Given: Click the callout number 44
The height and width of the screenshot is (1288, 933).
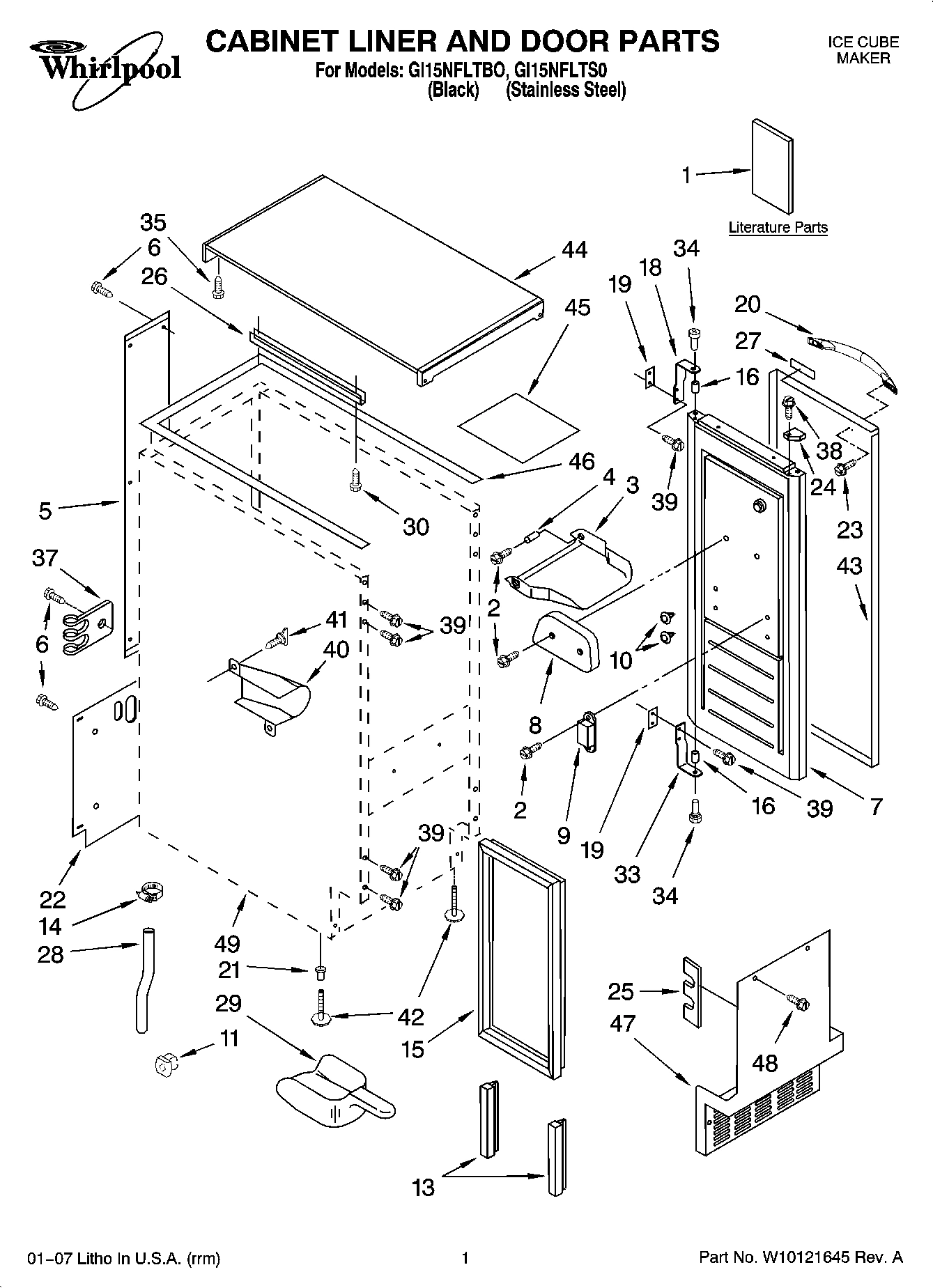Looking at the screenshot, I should [x=574, y=249].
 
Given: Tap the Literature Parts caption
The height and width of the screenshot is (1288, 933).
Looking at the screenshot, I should [x=778, y=227].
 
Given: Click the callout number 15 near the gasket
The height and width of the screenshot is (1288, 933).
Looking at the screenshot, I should [x=412, y=1049].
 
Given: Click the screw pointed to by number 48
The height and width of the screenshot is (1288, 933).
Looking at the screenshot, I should [x=799, y=1002].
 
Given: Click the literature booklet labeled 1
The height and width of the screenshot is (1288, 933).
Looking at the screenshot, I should [x=771, y=167].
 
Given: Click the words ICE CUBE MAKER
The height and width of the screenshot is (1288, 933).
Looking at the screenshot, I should [x=863, y=50].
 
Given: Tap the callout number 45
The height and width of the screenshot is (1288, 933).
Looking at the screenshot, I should [x=578, y=307].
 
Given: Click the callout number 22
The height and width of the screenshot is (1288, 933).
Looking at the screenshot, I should [x=53, y=900].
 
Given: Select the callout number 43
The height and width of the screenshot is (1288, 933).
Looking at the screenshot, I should [x=849, y=566].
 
